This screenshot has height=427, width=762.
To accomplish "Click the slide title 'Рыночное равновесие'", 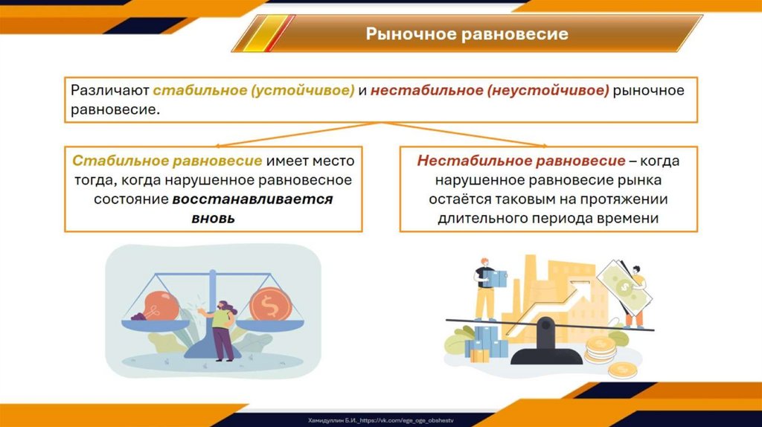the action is (x=467, y=33).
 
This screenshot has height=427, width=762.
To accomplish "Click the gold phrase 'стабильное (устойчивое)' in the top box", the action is (x=254, y=90).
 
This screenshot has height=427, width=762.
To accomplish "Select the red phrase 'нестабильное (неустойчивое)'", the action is (x=490, y=90).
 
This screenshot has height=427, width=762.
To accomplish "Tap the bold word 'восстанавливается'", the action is (x=253, y=199).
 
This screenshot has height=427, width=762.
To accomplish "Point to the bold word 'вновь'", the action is (x=214, y=218).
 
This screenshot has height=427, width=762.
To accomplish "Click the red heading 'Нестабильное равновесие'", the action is (x=521, y=161).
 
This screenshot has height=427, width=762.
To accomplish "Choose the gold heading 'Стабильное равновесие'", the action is (x=167, y=161).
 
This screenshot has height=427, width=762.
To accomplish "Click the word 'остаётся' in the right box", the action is (x=460, y=199).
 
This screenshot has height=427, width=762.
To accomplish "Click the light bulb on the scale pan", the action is (x=156, y=306).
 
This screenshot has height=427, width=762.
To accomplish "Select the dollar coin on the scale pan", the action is (x=270, y=304).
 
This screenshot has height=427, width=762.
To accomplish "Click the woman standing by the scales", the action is (x=221, y=330).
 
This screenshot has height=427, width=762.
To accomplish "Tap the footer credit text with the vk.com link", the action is (x=380, y=420).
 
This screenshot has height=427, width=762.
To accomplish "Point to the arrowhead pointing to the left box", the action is (x=218, y=145).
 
